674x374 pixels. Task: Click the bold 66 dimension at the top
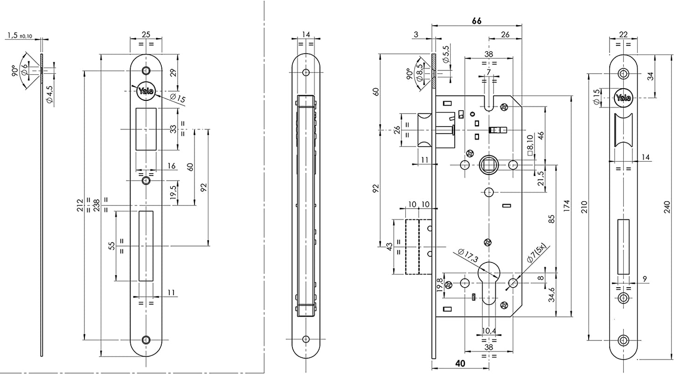click(476, 21)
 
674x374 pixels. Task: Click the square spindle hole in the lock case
click(488, 164)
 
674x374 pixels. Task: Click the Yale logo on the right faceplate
click(623, 98)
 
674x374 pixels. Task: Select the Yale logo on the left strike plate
click(146, 92)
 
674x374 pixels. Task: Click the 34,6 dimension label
click(551, 296)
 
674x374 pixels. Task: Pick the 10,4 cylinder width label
click(488, 331)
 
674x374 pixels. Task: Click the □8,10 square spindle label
click(529, 146)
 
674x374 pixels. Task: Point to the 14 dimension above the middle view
click(306, 34)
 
